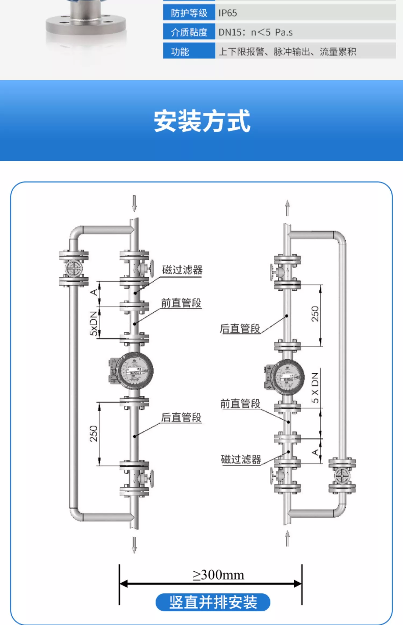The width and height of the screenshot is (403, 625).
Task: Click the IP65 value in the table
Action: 228,13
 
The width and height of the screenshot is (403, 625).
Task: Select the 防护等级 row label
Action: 189,13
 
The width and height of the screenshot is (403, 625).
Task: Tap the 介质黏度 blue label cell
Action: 189,32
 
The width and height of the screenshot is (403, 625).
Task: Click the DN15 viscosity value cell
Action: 255,32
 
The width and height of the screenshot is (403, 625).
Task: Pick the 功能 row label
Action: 180,52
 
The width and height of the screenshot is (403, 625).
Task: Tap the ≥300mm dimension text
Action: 218,575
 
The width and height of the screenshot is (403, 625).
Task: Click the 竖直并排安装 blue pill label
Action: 213,602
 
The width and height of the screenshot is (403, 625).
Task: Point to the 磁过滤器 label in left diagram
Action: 182,270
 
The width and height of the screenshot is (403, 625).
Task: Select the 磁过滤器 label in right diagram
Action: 241,459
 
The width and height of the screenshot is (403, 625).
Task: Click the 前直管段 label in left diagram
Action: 181,303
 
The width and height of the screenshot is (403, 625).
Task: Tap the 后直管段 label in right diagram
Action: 240,329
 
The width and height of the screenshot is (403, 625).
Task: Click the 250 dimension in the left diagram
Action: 93,434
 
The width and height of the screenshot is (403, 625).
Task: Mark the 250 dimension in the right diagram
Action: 315,314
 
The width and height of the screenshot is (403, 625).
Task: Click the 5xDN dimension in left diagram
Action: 93,323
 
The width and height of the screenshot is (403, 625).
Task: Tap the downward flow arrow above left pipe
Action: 134,203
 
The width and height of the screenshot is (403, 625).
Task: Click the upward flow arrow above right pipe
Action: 287,208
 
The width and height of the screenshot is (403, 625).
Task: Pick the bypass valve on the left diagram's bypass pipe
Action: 74,268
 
